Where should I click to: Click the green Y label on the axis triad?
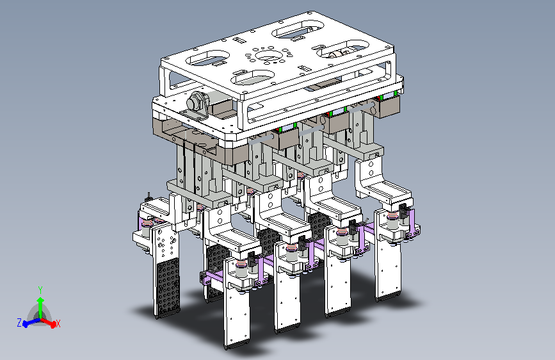(x=40, y=290)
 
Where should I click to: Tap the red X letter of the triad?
(x=58, y=323)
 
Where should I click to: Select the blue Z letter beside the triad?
(x=19, y=322)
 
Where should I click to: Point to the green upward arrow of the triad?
(x=41, y=307)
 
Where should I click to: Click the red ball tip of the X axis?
(x=53, y=325)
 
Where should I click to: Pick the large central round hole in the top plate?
(x=268, y=56)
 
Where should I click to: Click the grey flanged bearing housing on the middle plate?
(x=197, y=104)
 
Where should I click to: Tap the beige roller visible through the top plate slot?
(x=336, y=54)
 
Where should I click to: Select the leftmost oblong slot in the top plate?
(x=208, y=58)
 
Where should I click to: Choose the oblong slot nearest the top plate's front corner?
(x=253, y=78)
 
